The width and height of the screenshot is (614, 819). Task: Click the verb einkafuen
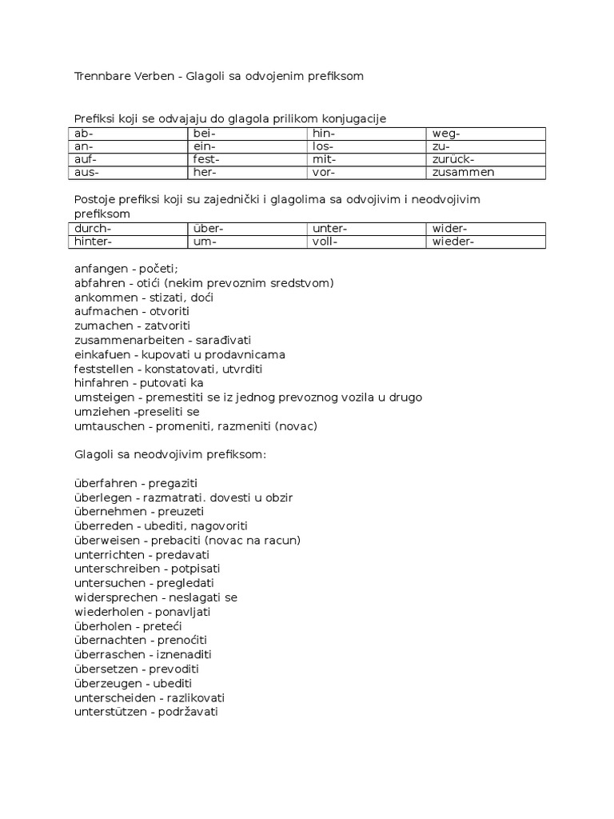[x=101, y=354]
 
